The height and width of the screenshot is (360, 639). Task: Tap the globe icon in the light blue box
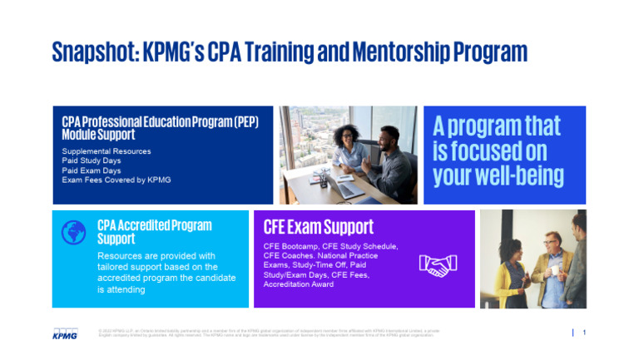tap(74, 232)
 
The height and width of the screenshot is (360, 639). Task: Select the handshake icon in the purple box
tap(438, 265)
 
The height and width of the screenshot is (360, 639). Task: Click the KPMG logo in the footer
tap(64, 334)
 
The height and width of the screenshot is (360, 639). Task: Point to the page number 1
tap(584, 333)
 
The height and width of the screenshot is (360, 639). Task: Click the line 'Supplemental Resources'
tap(106, 151)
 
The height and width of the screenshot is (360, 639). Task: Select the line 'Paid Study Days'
tap(92, 160)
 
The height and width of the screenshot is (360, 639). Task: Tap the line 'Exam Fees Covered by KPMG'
tap(116, 180)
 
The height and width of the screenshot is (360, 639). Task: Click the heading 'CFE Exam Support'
tap(318, 227)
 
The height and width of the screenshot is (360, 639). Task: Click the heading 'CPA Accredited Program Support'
tap(154, 231)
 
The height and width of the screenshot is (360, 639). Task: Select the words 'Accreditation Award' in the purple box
tap(299, 284)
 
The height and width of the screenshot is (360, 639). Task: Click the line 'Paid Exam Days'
tap(91, 170)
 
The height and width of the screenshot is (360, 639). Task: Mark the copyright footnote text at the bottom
tap(266, 333)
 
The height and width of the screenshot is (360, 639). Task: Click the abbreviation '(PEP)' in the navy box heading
tap(244, 121)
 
